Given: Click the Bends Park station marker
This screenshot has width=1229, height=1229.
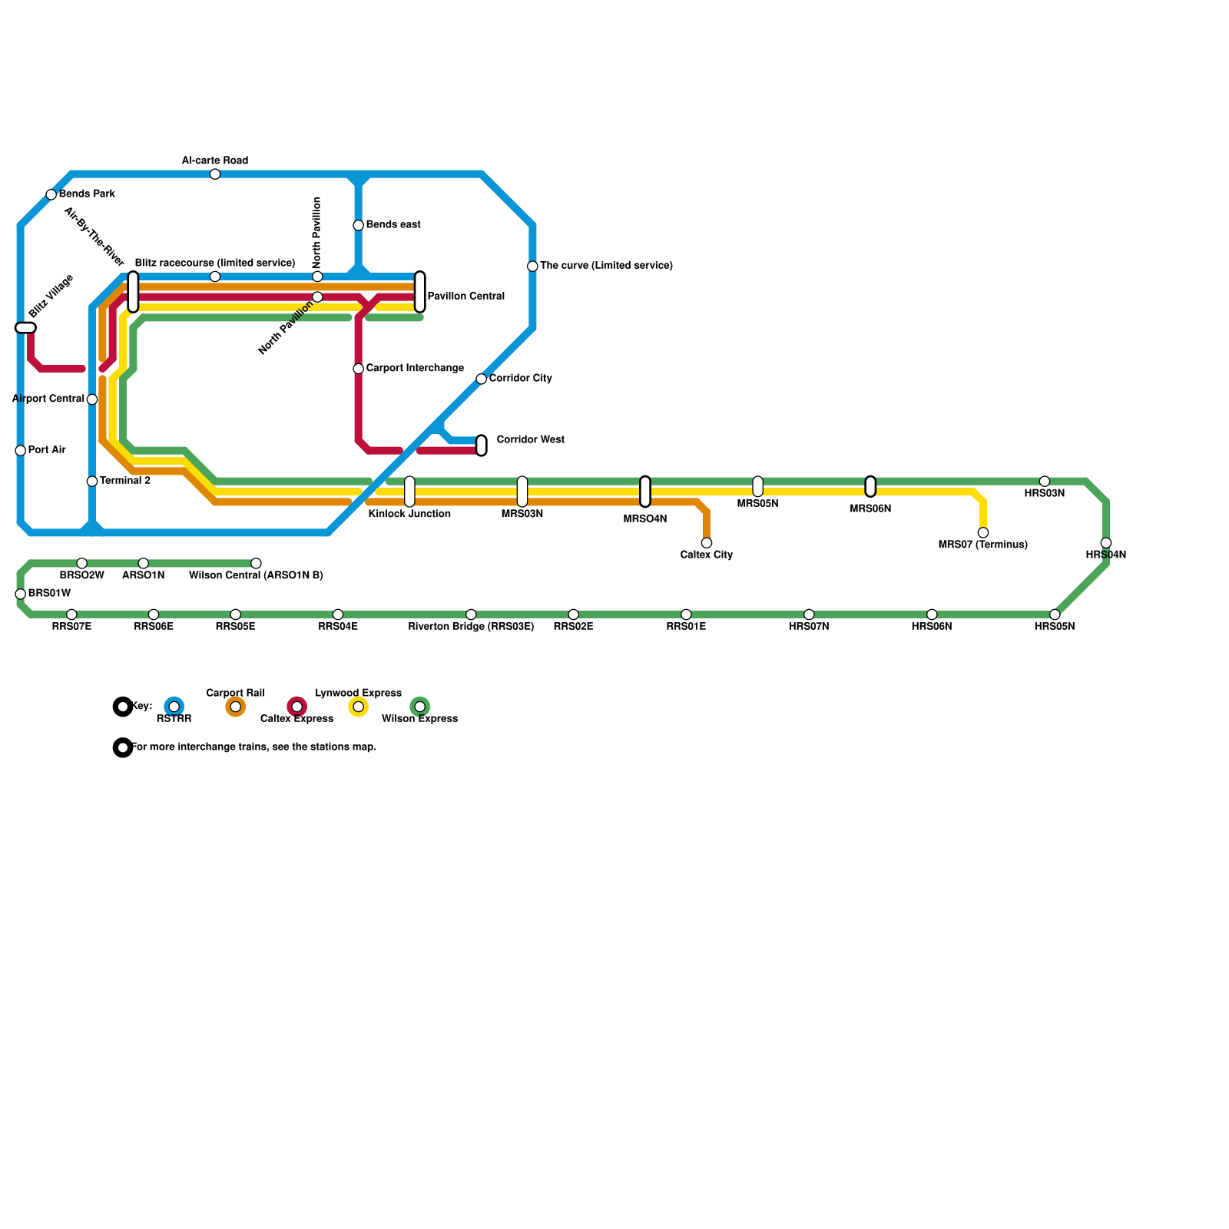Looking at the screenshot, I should [51, 194].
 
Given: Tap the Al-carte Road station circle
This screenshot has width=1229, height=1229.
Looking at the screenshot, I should [215, 174].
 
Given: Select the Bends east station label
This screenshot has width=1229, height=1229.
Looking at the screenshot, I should [393, 225].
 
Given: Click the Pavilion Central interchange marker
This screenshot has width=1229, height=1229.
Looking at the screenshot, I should [420, 292].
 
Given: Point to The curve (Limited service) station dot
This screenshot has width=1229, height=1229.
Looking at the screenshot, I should [532, 267].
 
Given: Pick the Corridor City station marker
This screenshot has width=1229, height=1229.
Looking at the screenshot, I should [481, 379].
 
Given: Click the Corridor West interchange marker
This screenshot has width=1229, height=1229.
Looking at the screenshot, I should [482, 446].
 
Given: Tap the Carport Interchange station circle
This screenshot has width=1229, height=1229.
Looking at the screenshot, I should [359, 369].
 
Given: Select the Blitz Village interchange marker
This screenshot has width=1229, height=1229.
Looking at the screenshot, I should [25, 328].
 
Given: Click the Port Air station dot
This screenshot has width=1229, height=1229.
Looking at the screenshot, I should [21, 451].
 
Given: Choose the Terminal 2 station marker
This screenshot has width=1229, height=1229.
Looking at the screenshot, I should [92, 482].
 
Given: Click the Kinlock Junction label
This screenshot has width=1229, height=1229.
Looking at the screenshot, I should [409, 514].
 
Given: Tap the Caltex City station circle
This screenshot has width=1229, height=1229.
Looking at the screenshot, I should [707, 543].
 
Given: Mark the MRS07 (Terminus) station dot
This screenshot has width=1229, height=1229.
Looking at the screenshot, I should [983, 532].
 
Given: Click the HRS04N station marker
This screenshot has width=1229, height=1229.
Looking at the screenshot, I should [1106, 543].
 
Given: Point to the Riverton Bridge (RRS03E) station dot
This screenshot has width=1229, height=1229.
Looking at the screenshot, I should [471, 614].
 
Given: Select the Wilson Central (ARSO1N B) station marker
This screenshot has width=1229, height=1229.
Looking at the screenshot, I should [256, 563].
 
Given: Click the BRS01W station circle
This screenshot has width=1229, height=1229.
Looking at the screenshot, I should [21, 594].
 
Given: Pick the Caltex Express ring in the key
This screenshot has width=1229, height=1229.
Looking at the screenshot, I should [297, 707].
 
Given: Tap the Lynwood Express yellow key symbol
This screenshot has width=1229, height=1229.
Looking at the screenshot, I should [359, 707].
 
